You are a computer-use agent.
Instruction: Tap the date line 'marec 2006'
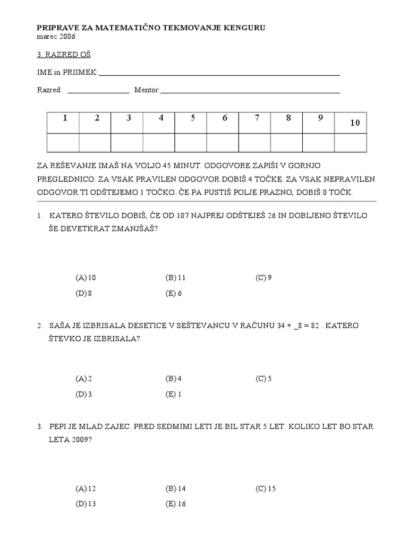click(x=56, y=37)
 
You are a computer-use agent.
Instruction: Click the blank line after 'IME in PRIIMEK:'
click(x=219, y=74)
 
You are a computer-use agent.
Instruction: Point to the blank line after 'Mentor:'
click(x=250, y=91)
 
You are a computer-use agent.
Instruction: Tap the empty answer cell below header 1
click(x=63, y=143)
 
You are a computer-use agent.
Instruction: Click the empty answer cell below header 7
click(x=254, y=143)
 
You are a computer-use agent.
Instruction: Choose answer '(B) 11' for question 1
click(x=176, y=277)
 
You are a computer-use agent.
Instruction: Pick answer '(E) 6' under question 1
click(x=174, y=293)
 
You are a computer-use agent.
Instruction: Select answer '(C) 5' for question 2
click(x=263, y=379)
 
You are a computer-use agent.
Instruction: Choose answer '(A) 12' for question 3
click(x=86, y=488)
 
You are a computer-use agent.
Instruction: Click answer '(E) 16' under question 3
click(x=176, y=504)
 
